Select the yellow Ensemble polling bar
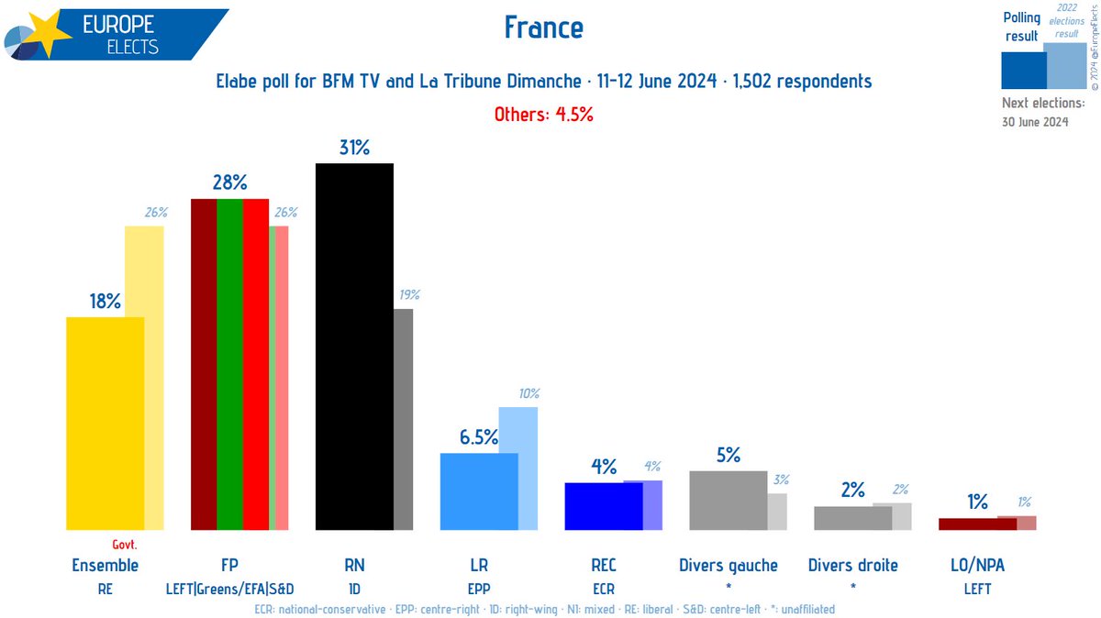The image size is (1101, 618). (106, 423)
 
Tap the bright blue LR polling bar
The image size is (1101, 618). (479, 491)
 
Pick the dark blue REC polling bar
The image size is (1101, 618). (603, 505)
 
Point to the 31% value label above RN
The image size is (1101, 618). (354, 148)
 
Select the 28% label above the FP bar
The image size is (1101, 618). (229, 182)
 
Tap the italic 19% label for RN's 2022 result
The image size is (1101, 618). (409, 294)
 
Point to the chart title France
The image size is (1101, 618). (543, 28)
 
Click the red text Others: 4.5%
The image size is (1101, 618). (543, 115)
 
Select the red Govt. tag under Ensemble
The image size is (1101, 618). (124, 544)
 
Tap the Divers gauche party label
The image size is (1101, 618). (728, 565)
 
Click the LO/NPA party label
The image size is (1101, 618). (977, 565)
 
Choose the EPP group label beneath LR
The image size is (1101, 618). (479, 590)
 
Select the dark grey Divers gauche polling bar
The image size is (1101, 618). (728, 500)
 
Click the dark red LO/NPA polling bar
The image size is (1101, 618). (977, 524)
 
